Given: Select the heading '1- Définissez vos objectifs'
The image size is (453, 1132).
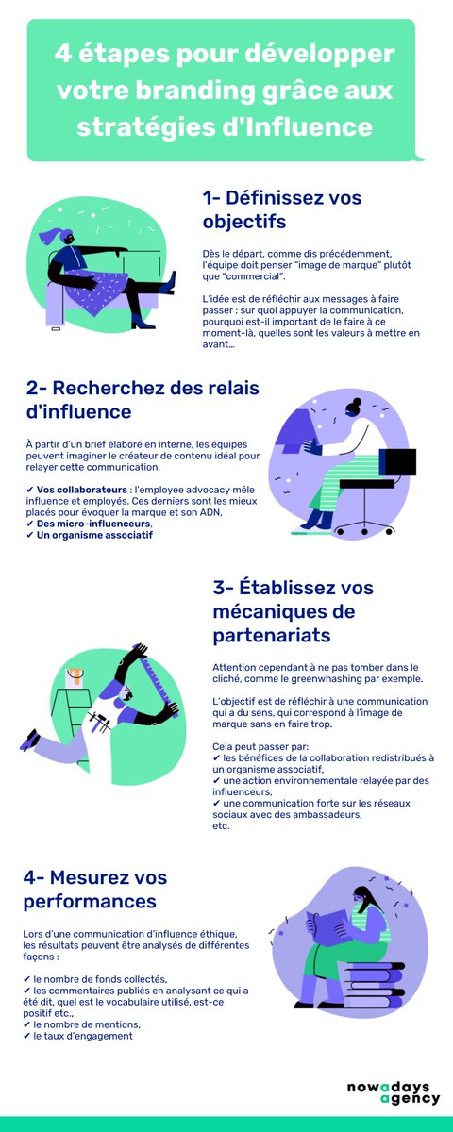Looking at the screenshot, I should tap(281, 209).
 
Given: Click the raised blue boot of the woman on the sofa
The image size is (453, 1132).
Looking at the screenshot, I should tap(170, 283).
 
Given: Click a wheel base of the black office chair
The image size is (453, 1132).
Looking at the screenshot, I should tap(355, 529).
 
